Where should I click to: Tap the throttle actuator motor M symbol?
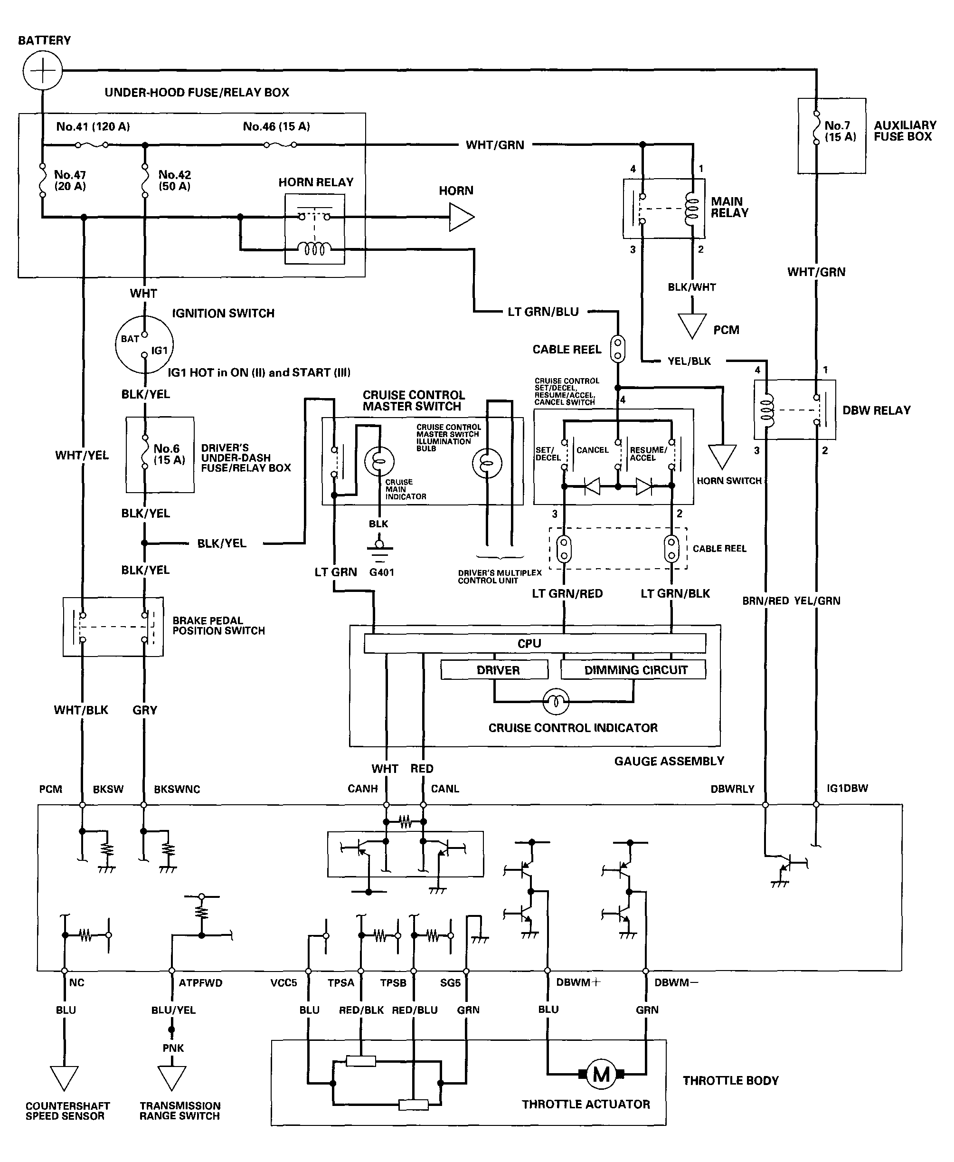[601, 1074]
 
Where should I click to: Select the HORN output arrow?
[462, 217]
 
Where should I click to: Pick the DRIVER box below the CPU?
[494, 670]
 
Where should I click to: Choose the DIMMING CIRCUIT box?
[633, 669]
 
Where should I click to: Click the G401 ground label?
[381, 572]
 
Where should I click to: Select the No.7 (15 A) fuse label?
[840, 132]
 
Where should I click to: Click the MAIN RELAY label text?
[729, 207]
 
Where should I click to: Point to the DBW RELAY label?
[877, 410]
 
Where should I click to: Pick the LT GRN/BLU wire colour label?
[543, 312]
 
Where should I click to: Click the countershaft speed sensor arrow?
[64, 1078]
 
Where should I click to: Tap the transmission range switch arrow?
[172, 1078]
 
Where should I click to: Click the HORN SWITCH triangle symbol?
[722, 456]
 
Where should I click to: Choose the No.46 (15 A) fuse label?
[276, 126]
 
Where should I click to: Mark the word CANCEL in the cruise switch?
[593, 449]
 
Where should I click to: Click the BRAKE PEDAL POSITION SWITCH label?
[219, 626]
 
